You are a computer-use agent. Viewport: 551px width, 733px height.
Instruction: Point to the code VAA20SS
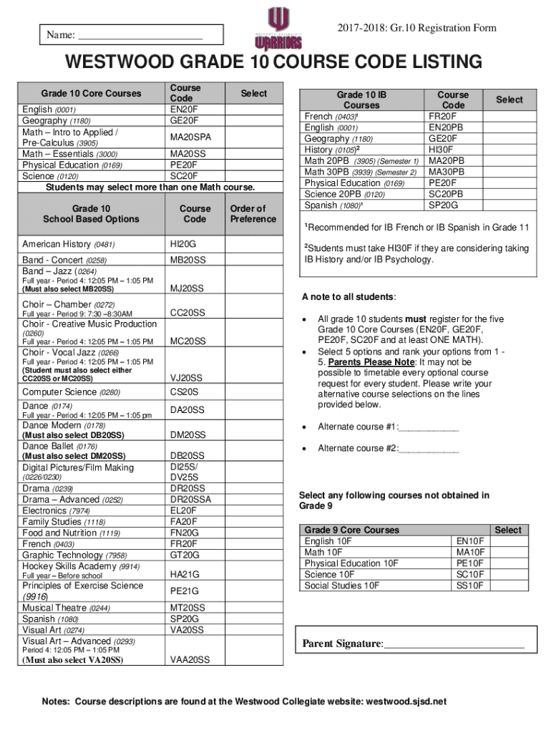[x=190, y=660]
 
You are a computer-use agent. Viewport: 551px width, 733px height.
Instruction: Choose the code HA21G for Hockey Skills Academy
[x=185, y=574]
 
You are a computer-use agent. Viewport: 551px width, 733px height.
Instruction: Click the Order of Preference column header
[x=248, y=214]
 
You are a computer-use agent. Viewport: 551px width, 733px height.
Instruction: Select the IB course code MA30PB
[x=447, y=172]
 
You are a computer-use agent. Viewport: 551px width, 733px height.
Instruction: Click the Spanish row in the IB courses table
[x=330, y=205]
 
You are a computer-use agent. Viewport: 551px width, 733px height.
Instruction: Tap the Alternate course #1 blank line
[x=428, y=427]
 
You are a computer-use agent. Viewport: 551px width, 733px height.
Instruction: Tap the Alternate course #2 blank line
[x=428, y=449]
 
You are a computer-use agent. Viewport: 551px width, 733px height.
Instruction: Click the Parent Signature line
[x=454, y=644]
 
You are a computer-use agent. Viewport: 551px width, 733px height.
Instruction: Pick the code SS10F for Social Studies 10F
[x=471, y=586]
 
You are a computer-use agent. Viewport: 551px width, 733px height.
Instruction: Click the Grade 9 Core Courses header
[x=351, y=530]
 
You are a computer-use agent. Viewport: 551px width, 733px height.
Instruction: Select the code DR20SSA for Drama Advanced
[x=191, y=500]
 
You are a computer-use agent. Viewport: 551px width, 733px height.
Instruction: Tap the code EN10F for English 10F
[x=471, y=541]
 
